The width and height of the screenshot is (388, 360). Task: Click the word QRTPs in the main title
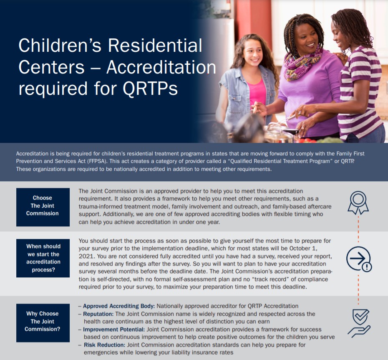tap(150, 89)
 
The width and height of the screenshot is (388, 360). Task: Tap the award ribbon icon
tap(358, 203)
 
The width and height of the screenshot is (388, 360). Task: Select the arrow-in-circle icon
tap(359, 259)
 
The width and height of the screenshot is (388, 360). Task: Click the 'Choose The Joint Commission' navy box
tap(43, 207)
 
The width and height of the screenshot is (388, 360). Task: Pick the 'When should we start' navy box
tap(43, 258)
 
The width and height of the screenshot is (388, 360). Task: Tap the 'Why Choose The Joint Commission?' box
tap(43, 323)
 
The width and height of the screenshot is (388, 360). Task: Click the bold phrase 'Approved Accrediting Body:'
tap(119, 306)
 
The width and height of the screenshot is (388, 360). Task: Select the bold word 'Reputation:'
tap(98, 314)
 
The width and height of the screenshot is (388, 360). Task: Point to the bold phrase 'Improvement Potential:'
tap(114, 330)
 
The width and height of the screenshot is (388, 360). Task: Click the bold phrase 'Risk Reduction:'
tap(104, 345)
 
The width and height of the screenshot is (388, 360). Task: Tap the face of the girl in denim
tap(252, 54)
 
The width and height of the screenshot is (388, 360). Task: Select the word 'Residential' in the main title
tap(155, 46)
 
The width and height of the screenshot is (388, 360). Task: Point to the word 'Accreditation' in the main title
tap(161, 67)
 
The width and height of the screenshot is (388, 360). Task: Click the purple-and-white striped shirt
tap(360, 94)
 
